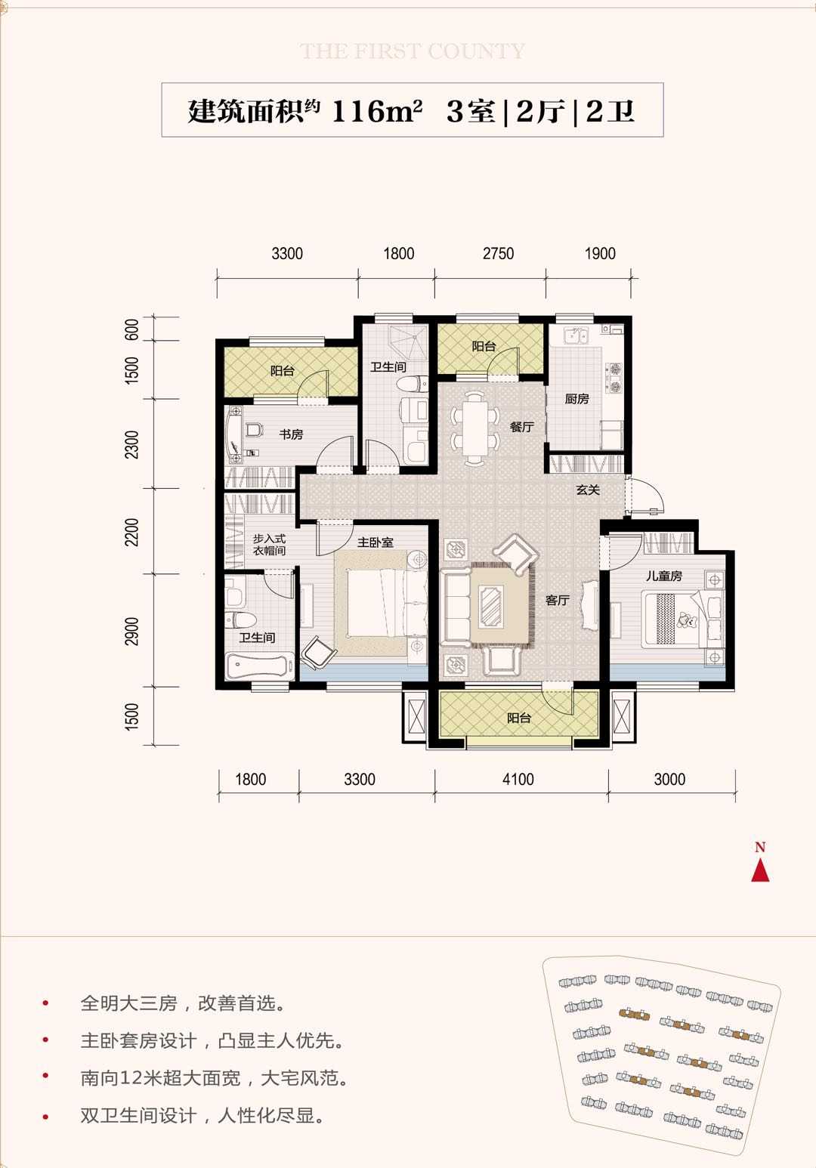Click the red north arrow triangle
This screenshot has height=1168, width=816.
point(760,870)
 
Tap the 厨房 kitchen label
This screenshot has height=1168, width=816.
point(576,399)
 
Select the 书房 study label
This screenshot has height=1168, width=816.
point(291,434)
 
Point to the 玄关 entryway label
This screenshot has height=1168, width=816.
point(588,490)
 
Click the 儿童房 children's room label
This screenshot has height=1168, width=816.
point(663,576)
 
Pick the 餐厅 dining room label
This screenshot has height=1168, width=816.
point(522,427)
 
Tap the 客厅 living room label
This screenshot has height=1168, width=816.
point(557,600)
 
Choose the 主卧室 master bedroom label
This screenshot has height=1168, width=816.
point(375,542)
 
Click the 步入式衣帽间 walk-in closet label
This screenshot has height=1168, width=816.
point(270,545)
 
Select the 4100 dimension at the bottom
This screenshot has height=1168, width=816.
point(518,780)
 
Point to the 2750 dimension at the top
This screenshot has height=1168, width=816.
point(499,253)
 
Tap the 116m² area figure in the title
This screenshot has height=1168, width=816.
point(376,111)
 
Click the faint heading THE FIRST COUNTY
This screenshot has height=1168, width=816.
point(413,51)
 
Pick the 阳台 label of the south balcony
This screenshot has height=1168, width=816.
point(519,718)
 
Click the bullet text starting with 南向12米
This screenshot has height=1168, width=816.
point(215,1078)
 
